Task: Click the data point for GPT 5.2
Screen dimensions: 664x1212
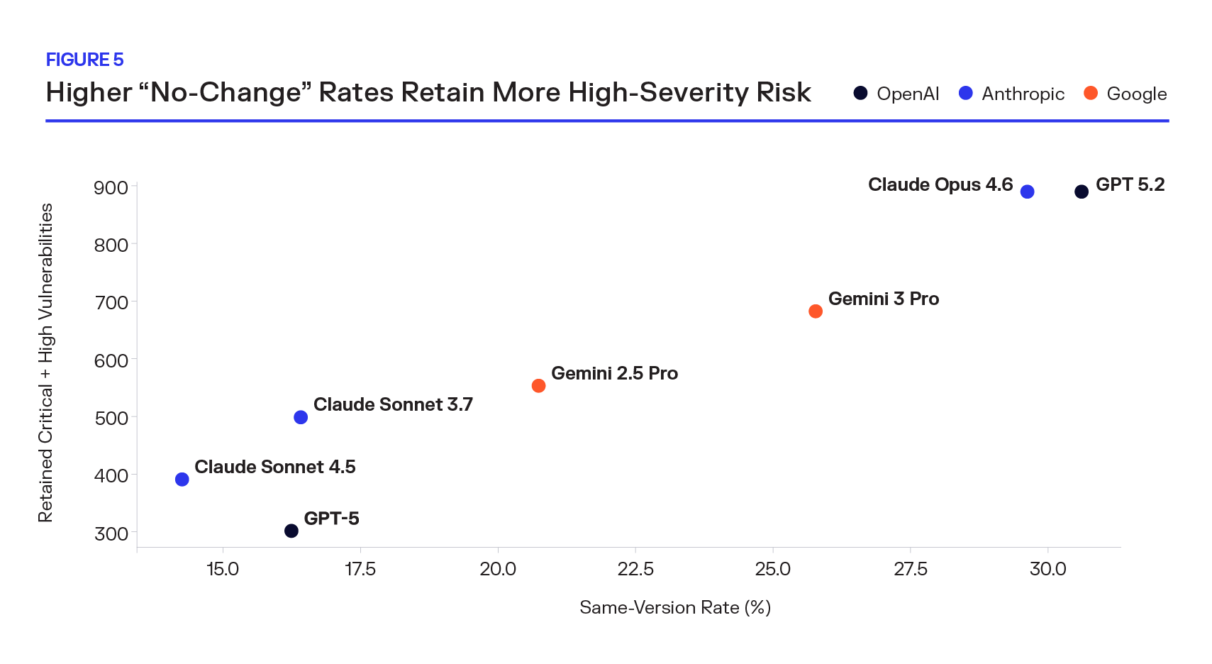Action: pos(1081,192)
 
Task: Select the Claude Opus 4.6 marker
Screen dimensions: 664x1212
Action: pos(1027,192)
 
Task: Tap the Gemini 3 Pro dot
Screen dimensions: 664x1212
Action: pos(815,311)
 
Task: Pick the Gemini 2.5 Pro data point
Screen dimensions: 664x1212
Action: pos(538,386)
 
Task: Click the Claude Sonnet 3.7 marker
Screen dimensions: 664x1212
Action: pos(301,417)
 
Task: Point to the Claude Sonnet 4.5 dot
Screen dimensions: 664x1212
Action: pos(182,480)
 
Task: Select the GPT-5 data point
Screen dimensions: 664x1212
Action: pos(291,531)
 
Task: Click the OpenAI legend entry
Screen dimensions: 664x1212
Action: pos(897,94)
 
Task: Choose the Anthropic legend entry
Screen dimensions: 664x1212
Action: pos(1012,94)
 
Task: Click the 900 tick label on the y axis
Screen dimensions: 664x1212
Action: pos(111,188)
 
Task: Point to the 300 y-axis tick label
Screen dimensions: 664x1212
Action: pos(111,533)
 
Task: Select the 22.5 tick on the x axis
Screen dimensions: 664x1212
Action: pos(635,569)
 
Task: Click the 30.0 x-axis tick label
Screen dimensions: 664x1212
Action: pos(1047,569)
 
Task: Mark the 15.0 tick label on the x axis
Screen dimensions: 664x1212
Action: pos(223,569)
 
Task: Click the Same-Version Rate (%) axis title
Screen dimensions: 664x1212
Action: pos(674,607)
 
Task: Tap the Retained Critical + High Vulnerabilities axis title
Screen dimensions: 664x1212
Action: pos(45,363)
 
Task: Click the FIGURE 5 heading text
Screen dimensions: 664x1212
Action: pos(84,60)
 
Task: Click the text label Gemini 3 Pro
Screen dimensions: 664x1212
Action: pos(883,299)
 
